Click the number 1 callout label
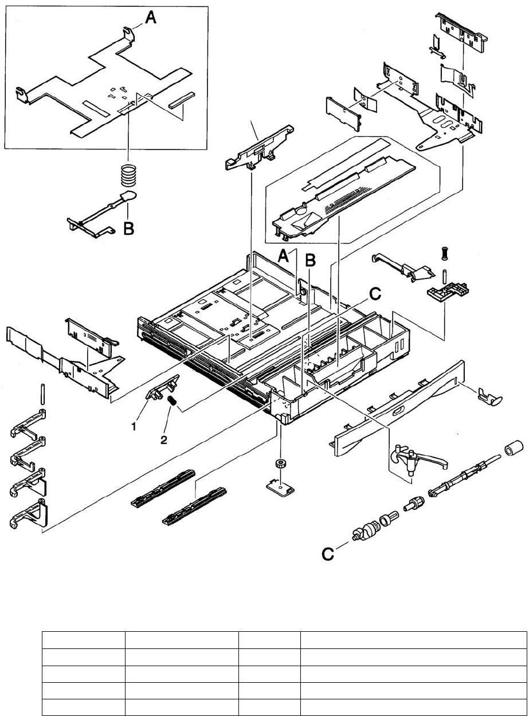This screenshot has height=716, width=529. tap(134, 427)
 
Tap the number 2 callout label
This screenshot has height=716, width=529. tap(164, 440)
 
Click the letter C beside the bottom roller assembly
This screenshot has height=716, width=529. tap(328, 554)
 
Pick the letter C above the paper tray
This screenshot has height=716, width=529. tap(375, 294)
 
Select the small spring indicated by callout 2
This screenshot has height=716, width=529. tap(171, 402)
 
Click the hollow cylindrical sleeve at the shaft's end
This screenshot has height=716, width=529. tap(514, 449)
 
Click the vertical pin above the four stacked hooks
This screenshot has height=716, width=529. tap(42, 394)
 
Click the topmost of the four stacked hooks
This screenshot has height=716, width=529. tap(29, 423)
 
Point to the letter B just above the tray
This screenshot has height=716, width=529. tap(311, 260)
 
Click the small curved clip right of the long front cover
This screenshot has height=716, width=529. tap(490, 396)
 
